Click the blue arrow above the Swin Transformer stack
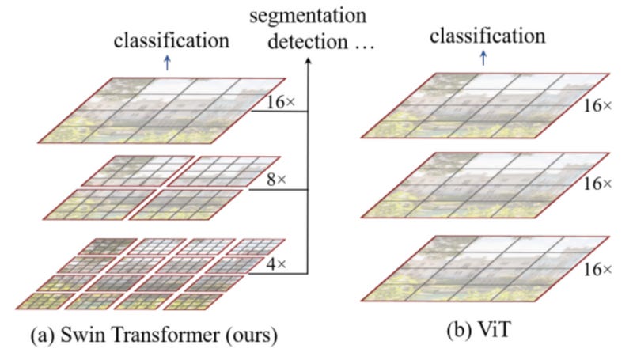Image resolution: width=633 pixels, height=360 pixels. click(166, 64)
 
